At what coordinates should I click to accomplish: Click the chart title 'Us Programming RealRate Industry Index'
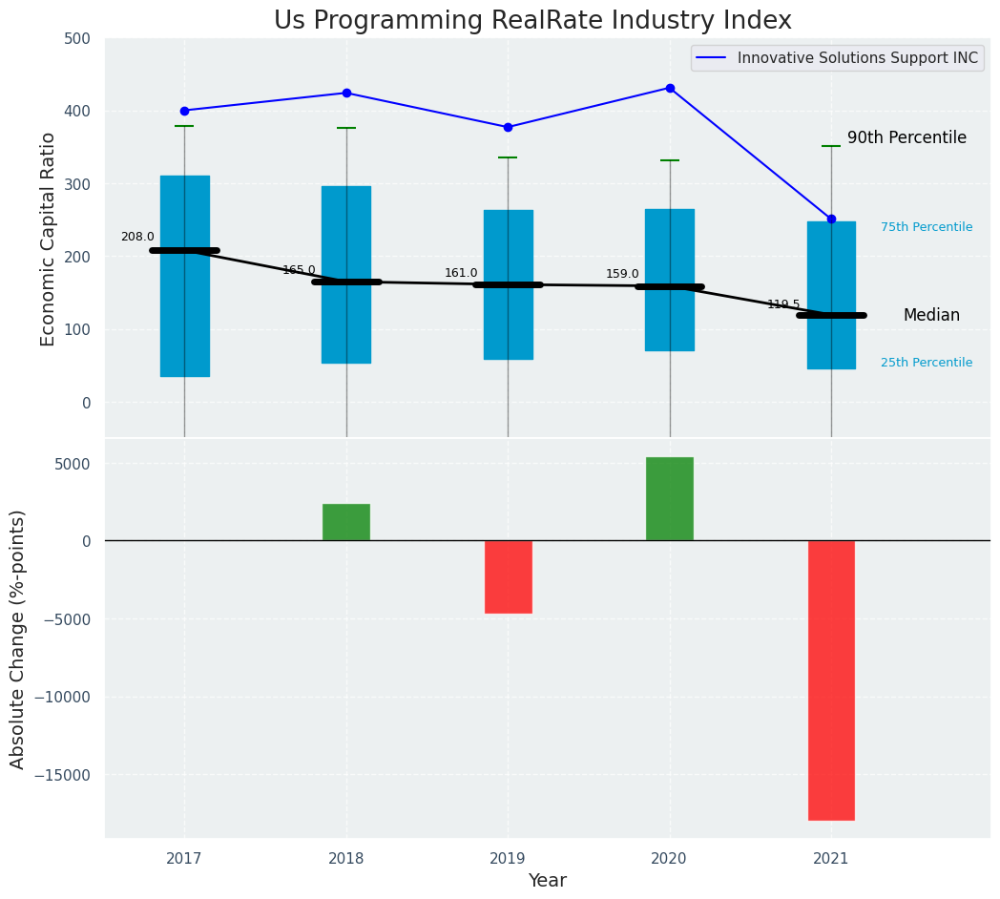(532, 21)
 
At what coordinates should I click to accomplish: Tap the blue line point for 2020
(670, 88)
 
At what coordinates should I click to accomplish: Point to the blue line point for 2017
(184, 111)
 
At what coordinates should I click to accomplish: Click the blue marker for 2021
(831, 219)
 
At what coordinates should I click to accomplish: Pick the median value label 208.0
(137, 237)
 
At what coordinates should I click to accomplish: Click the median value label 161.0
(461, 273)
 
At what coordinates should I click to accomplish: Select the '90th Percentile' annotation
(906, 137)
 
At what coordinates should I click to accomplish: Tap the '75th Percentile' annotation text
(927, 227)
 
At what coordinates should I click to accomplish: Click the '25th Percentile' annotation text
(927, 363)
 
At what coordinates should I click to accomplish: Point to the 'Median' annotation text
(931, 315)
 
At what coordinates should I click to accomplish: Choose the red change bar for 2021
(831, 679)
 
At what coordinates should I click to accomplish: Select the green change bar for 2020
(670, 498)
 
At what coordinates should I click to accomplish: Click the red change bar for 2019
(508, 576)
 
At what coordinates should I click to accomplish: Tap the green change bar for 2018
(346, 522)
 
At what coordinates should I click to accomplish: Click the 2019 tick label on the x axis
(508, 859)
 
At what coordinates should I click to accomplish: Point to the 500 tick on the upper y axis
(77, 39)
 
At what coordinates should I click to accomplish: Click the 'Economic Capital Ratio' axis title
(48, 239)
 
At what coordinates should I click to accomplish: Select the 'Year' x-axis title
(547, 881)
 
